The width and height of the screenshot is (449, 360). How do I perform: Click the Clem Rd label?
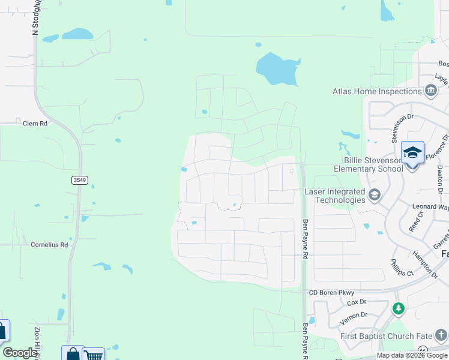35,123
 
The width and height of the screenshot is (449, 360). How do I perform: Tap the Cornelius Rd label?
49,245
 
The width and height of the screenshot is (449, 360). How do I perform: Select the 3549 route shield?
79,179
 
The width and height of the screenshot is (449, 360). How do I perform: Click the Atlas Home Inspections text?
377,91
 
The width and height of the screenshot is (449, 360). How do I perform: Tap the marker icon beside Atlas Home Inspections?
430,91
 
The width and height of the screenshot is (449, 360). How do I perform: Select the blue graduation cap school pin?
412,153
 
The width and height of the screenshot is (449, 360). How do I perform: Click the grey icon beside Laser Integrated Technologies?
375,194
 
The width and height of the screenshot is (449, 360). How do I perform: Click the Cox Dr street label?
356,302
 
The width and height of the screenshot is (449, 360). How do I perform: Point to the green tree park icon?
397,308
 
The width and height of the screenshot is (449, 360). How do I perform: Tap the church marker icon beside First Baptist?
441,335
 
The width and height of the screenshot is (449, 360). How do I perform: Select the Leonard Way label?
430,207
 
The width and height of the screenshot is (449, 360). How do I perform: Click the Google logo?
19,353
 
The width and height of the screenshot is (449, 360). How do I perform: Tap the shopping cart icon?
93,355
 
